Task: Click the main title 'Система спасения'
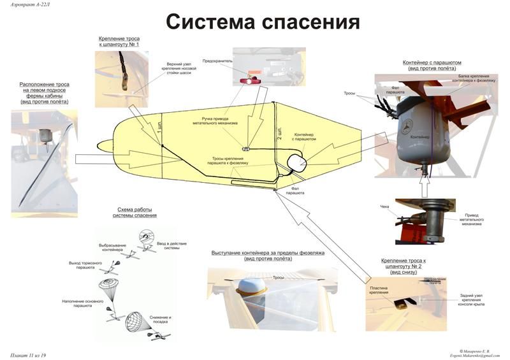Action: coord(263,22)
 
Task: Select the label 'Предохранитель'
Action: coord(215,61)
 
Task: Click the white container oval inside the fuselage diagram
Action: coord(296,162)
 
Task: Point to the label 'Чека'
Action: coord(384,206)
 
